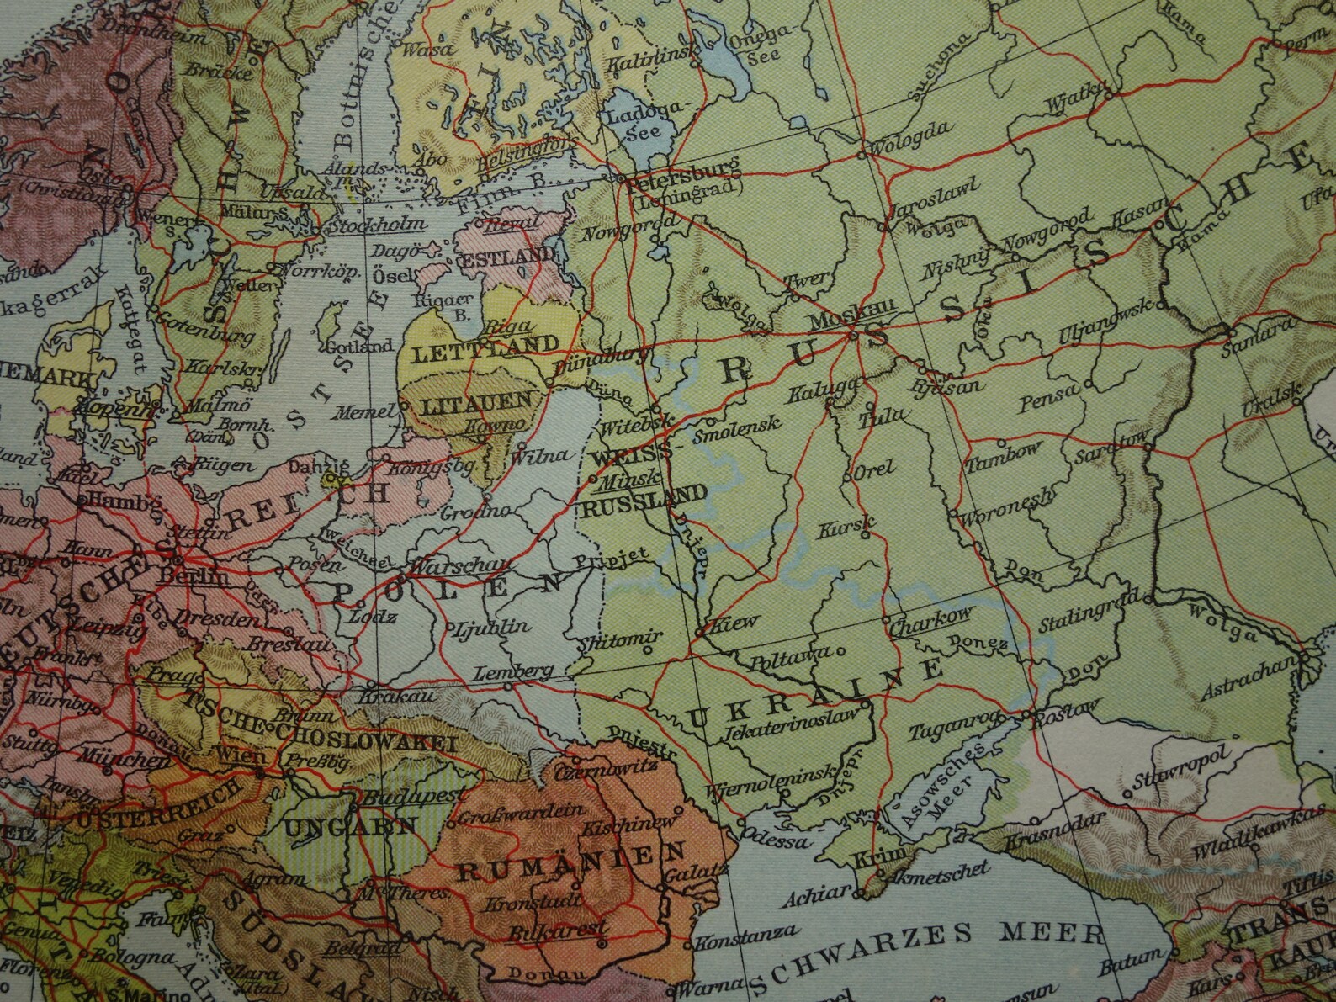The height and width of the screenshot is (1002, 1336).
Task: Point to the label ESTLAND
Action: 507,255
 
